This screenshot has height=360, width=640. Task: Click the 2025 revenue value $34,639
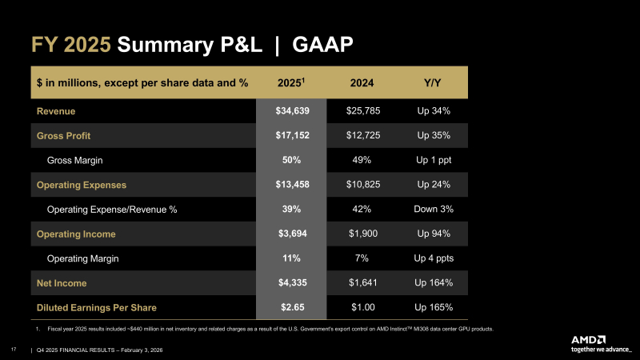coord(290,110)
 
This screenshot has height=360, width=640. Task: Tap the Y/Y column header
coord(435,82)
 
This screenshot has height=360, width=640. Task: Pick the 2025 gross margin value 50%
coord(290,160)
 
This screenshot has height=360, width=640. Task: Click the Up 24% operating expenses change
coord(435,185)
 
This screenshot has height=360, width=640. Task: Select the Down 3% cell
coord(435,210)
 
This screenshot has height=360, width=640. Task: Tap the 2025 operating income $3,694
coord(290,234)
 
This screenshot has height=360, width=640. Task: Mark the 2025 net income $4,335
coord(290,283)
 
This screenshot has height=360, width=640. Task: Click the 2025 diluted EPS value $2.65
coord(290,307)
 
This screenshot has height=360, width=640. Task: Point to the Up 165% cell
coord(435,307)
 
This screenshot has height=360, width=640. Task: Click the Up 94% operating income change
coord(435,234)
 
